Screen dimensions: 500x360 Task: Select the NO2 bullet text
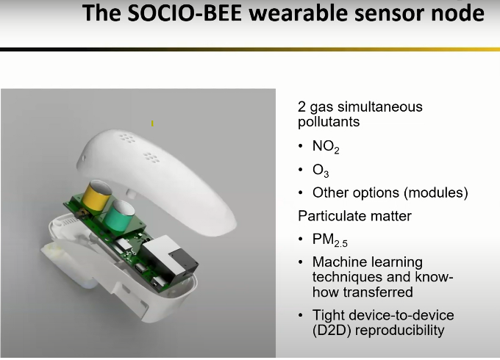(x=326, y=147)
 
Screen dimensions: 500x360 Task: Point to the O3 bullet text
(x=321, y=170)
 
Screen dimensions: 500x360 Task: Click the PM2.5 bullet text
(x=329, y=240)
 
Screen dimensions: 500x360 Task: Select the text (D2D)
(x=332, y=331)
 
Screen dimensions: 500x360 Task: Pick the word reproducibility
(x=400, y=331)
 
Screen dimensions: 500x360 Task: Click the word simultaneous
(x=380, y=107)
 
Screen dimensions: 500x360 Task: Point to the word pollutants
(x=329, y=122)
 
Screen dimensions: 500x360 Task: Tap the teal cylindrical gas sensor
(x=119, y=215)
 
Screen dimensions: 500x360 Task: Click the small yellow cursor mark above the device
(x=152, y=123)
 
